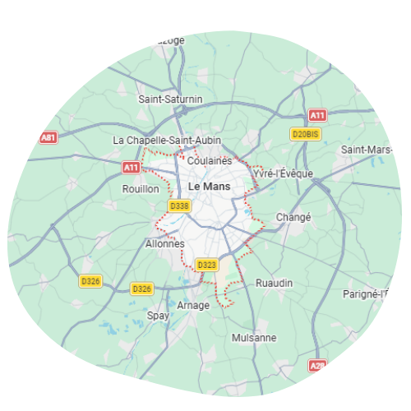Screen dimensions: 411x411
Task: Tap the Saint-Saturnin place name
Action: click(x=170, y=99)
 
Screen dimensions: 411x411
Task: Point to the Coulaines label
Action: click(x=210, y=160)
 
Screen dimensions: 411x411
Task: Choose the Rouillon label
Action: click(x=140, y=188)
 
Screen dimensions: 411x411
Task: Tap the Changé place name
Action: click(x=295, y=218)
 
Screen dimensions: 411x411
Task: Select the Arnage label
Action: click(x=194, y=305)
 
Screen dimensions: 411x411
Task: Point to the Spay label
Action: click(x=157, y=316)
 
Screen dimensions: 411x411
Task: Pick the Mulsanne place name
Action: click(x=254, y=338)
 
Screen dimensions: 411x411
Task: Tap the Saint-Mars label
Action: click(x=366, y=150)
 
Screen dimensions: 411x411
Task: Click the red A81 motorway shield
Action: click(x=48, y=137)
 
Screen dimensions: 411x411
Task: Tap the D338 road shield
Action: click(x=178, y=205)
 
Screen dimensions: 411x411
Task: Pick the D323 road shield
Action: click(x=206, y=265)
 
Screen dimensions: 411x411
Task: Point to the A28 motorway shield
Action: click(x=317, y=364)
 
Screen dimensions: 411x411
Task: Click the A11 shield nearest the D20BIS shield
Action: click(x=317, y=116)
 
